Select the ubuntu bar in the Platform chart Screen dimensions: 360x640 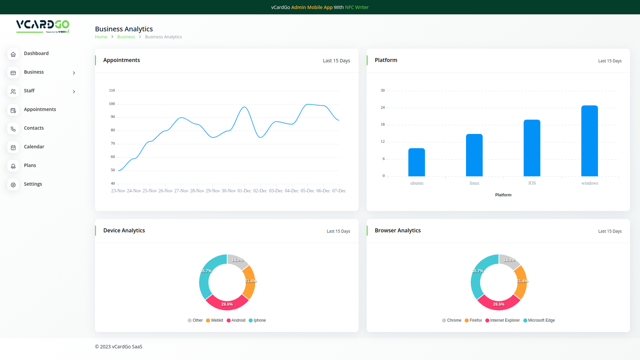pyautogui.click(x=416, y=162)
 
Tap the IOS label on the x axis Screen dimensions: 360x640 pyautogui.click(x=532, y=183)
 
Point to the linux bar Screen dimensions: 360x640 pyautogui.click(x=474, y=155)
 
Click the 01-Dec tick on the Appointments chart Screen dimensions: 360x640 pyautogui.click(x=244, y=191)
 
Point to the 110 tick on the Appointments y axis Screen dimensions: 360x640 pyautogui.click(x=112, y=90)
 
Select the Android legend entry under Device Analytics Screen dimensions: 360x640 pyautogui.click(x=236, y=320)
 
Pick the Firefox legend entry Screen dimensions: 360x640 pyautogui.click(x=473, y=320)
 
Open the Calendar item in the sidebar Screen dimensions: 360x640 pyautogui.click(x=34, y=147)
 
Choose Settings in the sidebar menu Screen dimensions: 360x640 pyautogui.click(x=33, y=184)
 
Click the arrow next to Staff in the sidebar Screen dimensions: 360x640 pyautogui.click(x=74, y=92)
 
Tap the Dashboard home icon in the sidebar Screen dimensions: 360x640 pyautogui.click(x=13, y=54)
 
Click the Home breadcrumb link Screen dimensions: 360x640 pyautogui.click(x=101, y=37)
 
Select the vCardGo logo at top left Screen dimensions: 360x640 pyautogui.click(x=43, y=26)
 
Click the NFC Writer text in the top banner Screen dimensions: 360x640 pyautogui.click(x=357, y=7)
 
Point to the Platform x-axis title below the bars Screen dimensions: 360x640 pyautogui.click(x=503, y=195)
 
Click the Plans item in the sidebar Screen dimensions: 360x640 pyautogui.click(x=30, y=166)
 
